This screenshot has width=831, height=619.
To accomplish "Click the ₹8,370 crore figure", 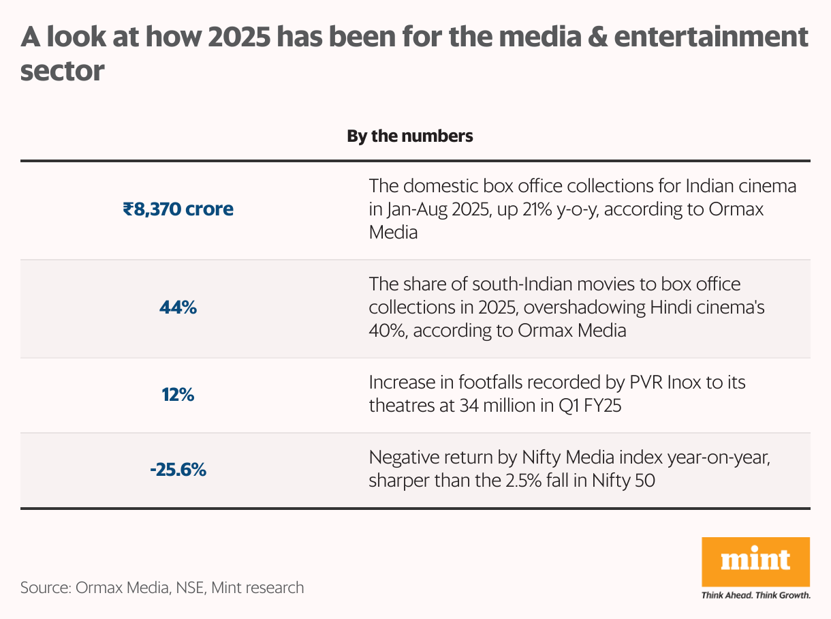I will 178,209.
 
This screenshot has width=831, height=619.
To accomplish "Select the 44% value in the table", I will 178,307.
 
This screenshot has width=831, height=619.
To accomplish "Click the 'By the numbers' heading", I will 409,136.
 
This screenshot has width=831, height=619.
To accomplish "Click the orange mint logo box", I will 755,562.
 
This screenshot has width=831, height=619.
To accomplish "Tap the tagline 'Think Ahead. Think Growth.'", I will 755,595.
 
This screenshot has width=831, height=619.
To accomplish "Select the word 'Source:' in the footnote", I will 45,587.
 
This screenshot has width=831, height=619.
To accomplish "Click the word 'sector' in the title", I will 62,70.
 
